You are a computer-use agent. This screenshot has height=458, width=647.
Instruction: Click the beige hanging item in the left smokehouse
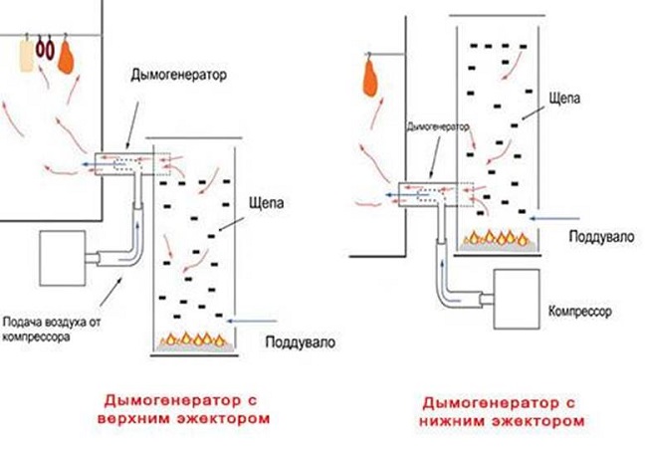26,57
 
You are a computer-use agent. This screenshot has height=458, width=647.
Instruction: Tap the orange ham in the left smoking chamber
67,59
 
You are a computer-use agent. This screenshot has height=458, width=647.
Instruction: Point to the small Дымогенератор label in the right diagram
439,127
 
